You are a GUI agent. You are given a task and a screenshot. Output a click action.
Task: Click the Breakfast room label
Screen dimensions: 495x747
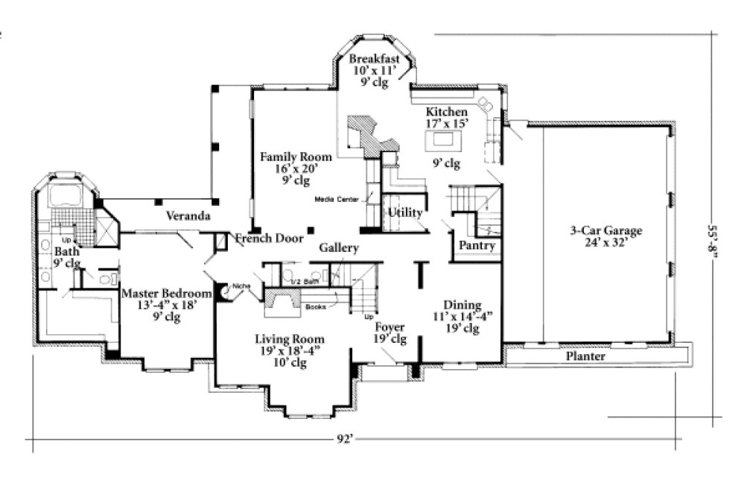tap(375, 60)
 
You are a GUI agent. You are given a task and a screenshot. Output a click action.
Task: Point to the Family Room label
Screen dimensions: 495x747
tap(286, 157)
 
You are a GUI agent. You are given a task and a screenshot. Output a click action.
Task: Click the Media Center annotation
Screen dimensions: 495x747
tap(336, 200)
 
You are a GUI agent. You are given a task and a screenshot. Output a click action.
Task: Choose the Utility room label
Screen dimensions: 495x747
tap(404, 213)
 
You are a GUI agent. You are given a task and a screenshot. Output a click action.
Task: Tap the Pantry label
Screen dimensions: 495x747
tap(477, 245)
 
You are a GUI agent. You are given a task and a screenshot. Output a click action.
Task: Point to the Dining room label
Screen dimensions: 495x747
tap(462, 305)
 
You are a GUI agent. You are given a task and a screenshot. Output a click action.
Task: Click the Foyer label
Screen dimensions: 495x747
tap(389, 326)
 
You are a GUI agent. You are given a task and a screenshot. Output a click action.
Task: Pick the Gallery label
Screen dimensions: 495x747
tap(339, 248)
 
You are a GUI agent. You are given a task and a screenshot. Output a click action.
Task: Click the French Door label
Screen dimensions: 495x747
tap(269, 239)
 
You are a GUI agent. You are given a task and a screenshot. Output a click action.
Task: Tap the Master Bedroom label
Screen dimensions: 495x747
tap(166, 294)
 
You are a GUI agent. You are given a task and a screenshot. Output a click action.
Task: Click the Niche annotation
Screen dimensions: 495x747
tap(241, 286)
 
